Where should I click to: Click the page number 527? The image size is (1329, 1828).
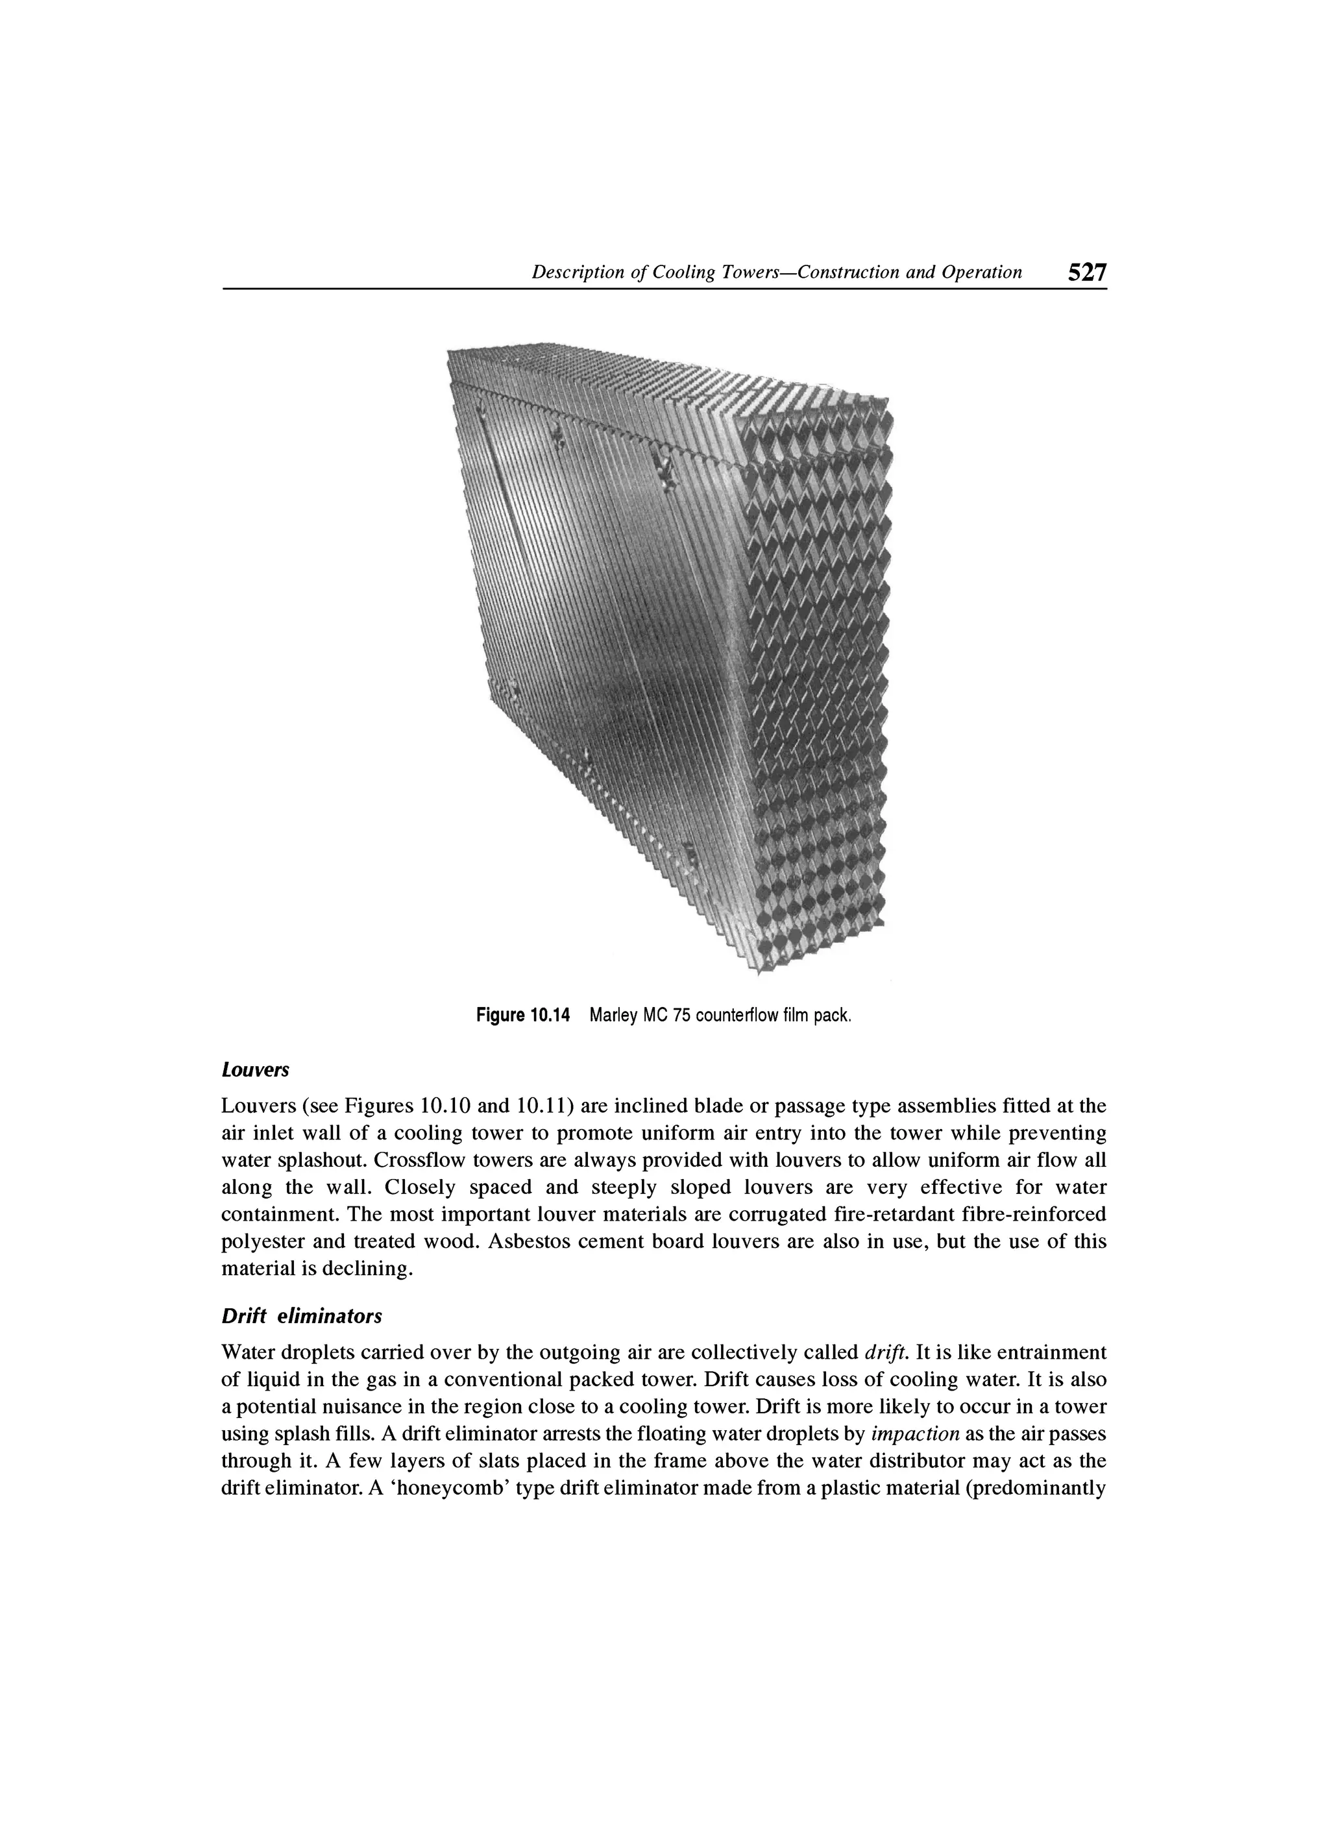coord(1087,273)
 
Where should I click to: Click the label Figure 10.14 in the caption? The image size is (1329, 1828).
coord(522,1016)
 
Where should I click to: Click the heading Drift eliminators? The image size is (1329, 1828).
coord(301,1316)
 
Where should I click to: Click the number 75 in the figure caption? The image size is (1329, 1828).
coord(682,1016)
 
